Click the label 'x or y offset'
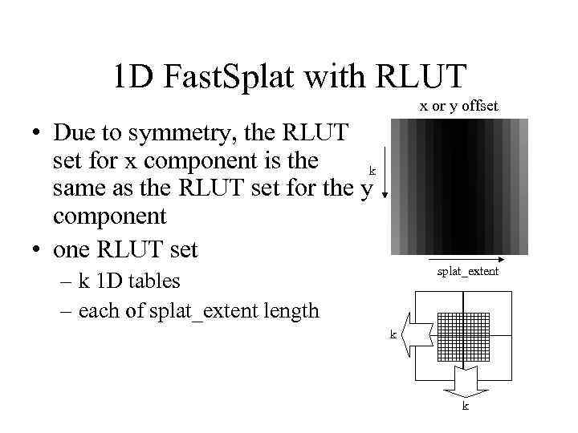459,105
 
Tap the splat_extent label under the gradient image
468,271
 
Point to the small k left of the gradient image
372,170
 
